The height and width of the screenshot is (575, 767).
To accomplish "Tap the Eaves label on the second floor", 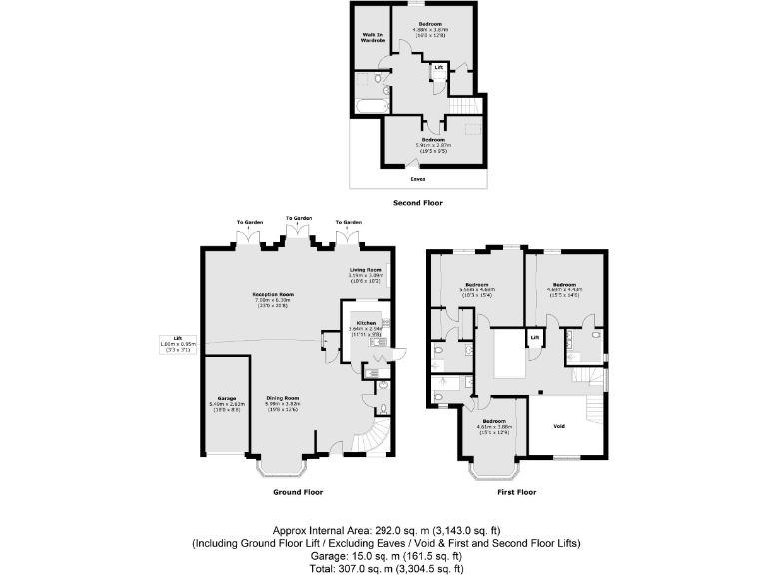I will [417, 179].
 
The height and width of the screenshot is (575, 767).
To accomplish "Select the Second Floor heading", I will [418, 203].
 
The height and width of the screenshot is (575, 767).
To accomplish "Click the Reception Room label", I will [273, 295].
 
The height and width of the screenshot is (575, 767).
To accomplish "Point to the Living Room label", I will [366, 270].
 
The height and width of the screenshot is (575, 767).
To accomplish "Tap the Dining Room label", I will [283, 399].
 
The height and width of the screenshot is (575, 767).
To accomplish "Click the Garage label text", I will [226, 398].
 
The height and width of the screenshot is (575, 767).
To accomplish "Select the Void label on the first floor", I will [559, 426].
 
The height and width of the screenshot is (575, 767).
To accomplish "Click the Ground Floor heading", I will [298, 492].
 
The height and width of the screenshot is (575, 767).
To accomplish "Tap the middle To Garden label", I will [297, 217].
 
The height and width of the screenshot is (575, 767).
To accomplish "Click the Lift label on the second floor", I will [438, 68].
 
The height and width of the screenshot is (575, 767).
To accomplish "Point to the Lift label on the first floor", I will [535, 339].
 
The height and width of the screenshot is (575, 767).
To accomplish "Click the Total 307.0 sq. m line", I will [383, 568].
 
